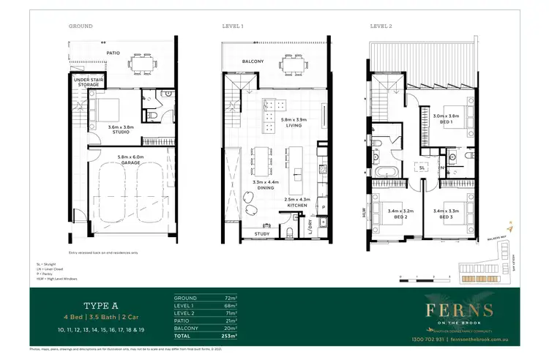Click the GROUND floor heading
click(81, 26)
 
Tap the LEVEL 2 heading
click(381, 26)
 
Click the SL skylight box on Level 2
click(423, 168)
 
